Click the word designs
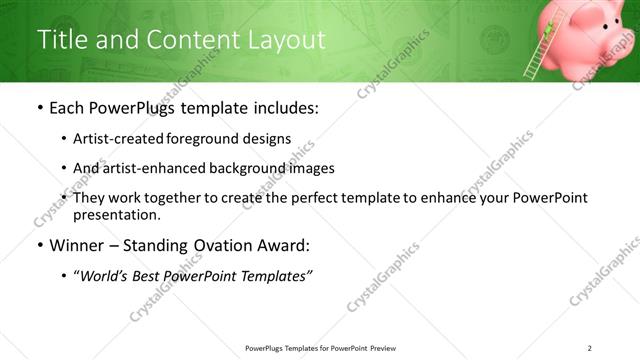pos(264,139)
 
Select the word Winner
pos(76,245)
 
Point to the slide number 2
pos(589,348)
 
